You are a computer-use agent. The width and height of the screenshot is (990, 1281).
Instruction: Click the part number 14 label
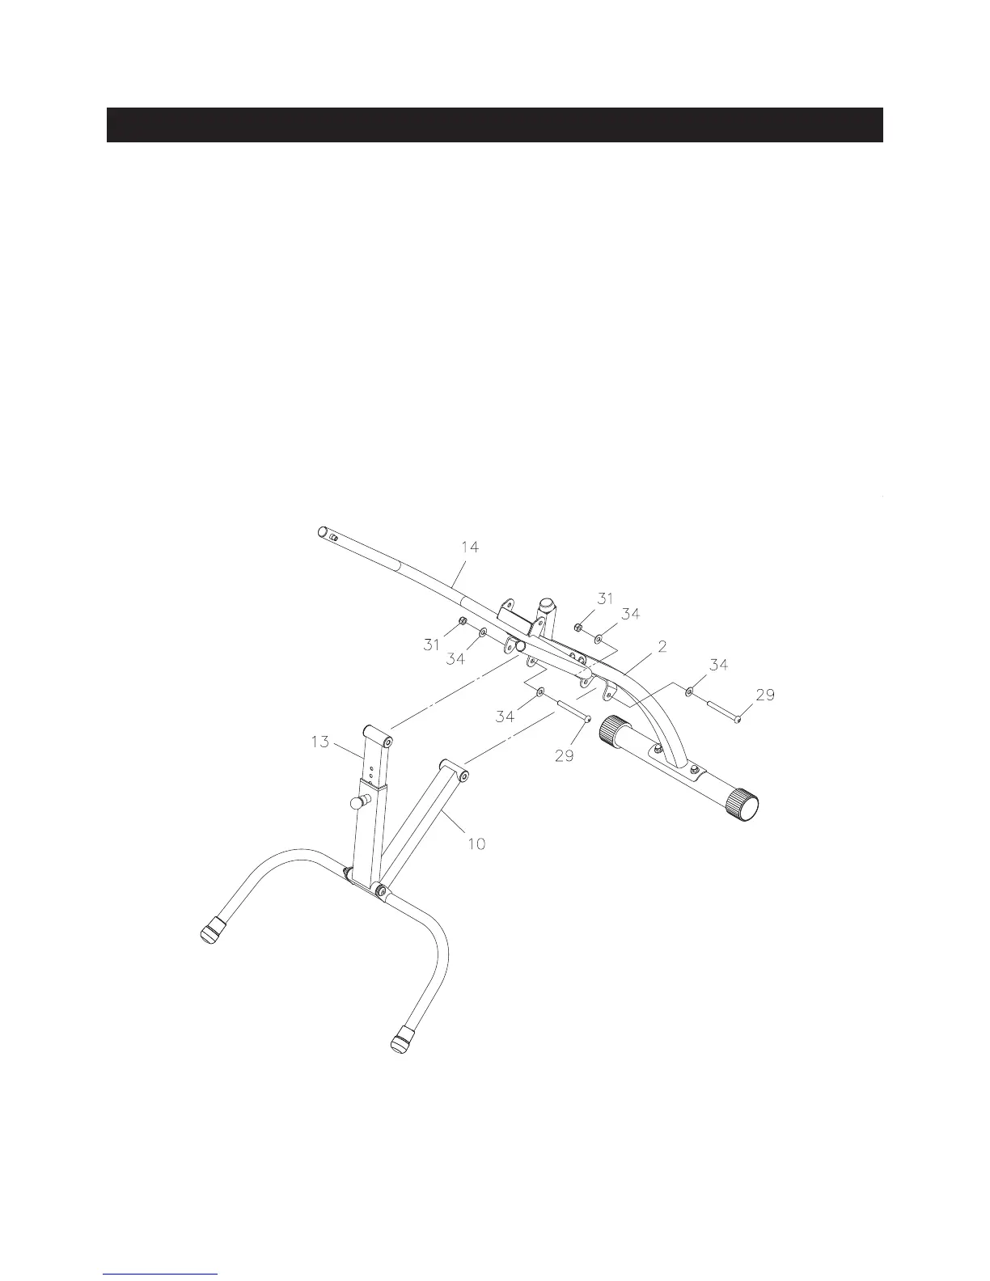(470, 547)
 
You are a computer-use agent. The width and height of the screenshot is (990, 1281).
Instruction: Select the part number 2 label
(662, 646)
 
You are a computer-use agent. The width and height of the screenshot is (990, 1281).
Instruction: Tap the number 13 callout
(320, 742)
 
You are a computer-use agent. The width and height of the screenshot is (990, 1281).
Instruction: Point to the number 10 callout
(476, 843)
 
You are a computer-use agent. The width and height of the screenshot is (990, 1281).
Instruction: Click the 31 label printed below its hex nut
(431, 645)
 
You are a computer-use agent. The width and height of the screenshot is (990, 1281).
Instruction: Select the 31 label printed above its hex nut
(605, 598)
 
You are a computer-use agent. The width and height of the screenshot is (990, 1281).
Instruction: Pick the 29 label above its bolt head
(765, 695)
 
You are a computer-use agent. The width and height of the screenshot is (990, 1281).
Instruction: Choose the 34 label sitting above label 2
(630, 615)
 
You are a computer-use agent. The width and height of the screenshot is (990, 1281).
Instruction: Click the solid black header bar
(494, 125)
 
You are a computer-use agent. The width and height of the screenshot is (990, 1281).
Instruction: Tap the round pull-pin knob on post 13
(357, 804)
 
